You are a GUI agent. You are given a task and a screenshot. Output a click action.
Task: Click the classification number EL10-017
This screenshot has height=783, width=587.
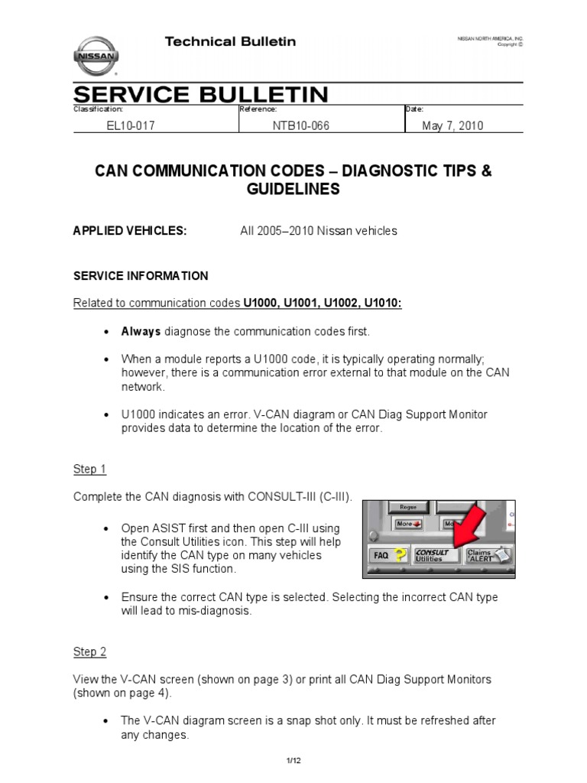[130, 126]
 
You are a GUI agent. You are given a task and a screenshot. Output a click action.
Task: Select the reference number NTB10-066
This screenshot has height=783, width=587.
[300, 126]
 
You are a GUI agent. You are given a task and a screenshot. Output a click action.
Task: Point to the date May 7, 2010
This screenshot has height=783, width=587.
[452, 126]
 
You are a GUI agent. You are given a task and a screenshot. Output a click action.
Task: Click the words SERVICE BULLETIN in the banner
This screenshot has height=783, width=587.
[201, 95]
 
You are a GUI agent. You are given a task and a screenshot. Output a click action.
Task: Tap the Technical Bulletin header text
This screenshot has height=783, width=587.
[230, 41]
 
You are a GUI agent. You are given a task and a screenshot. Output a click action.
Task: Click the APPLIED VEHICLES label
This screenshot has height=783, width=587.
[129, 231]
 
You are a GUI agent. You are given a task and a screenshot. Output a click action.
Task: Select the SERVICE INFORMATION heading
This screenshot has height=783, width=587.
[140, 275]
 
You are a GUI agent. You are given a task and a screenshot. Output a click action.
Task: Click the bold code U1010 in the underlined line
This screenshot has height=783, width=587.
[381, 303]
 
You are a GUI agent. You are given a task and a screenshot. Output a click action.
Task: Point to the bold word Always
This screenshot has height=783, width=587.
[141, 331]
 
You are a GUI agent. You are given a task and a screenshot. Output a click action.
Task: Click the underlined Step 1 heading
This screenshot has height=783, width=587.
[89, 469]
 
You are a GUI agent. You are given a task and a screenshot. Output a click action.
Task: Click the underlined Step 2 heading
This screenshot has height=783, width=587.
[89, 651]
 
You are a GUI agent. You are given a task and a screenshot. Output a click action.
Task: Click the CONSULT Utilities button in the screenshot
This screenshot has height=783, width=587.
[433, 555]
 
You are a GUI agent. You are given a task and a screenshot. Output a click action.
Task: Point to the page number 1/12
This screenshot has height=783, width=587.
[293, 759]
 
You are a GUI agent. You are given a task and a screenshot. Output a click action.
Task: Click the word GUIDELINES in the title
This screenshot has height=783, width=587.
[293, 189]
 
